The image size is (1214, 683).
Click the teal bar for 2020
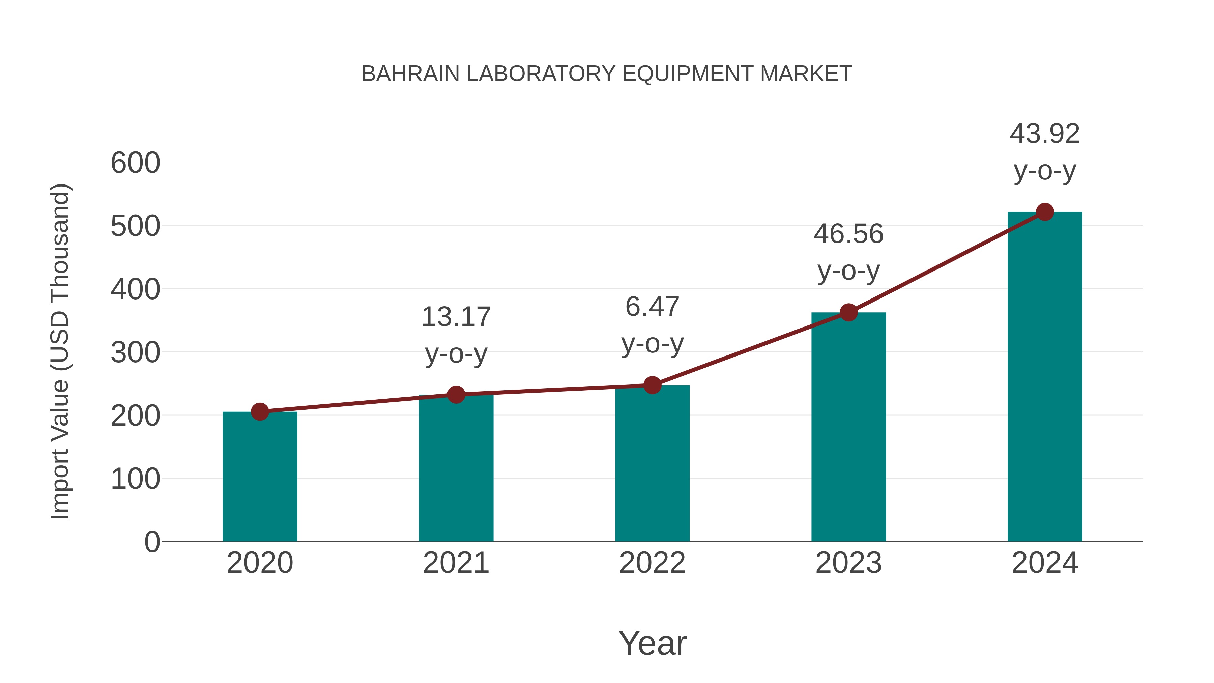pyautogui.click(x=260, y=476)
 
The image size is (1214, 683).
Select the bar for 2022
pyautogui.click(x=652, y=464)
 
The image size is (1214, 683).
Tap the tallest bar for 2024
pyautogui.click(x=1045, y=377)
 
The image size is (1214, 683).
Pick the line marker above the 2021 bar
pyautogui.click(x=456, y=395)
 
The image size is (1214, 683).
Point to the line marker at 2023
pyautogui.click(x=848, y=312)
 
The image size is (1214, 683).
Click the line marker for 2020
pyautogui.click(x=260, y=411)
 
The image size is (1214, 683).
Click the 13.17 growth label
pyautogui.click(x=456, y=317)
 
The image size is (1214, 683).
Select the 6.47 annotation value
pyautogui.click(x=652, y=307)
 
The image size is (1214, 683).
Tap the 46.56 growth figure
pyautogui.click(x=848, y=234)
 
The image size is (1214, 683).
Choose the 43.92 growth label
pyautogui.click(x=1045, y=134)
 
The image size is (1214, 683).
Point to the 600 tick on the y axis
pyautogui.click(x=135, y=163)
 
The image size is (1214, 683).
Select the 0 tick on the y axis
pyautogui.click(x=152, y=542)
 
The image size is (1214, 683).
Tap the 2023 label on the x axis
pyautogui.click(x=848, y=563)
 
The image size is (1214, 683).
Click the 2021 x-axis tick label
pyautogui.click(x=456, y=563)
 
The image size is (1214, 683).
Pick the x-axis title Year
pyautogui.click(x=652, y=643)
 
